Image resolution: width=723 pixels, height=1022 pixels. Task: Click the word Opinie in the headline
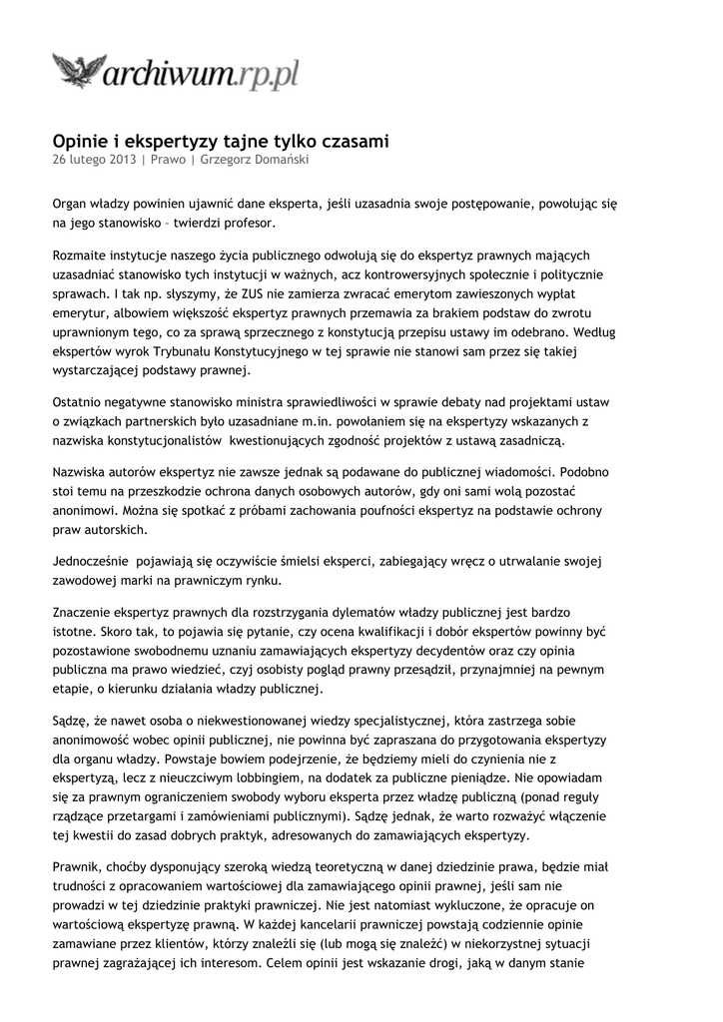point(81,142)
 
